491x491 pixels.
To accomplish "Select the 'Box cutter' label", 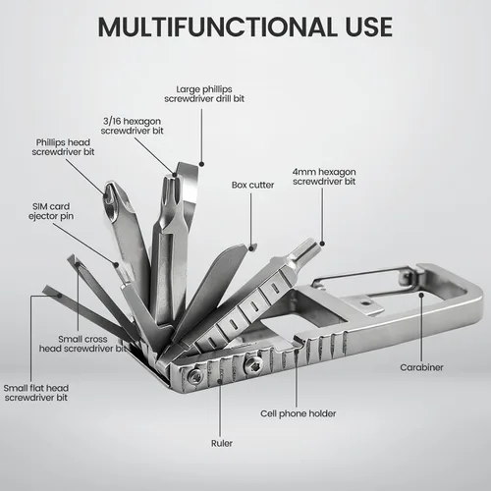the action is click(252, 185).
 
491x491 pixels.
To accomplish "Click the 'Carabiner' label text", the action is click(421, 367).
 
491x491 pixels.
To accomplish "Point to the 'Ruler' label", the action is click(222, 443).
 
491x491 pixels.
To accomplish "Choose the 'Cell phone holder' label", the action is click(299, 413).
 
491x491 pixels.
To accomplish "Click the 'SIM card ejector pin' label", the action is click(51, 211).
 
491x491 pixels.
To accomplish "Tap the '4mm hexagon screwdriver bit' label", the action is click(324, 177).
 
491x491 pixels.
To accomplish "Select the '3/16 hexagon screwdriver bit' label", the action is click(132, 126).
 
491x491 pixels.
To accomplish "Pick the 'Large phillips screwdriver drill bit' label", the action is click(204, 94).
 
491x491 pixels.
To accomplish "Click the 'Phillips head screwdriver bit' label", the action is click(63, 147).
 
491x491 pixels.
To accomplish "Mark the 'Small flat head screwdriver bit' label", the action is click(36, 393).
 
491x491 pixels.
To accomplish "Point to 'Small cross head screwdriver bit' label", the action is click(82, 344).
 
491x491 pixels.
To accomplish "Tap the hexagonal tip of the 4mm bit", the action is click(306, 249).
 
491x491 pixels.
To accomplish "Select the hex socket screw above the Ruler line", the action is click(254, 363).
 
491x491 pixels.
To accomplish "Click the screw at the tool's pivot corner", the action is click(196, 375).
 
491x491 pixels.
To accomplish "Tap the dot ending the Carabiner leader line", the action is click(421, 295).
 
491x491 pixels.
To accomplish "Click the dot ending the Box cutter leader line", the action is click(251, 248).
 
